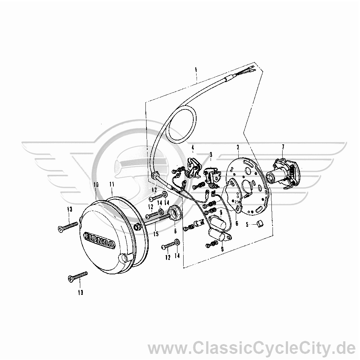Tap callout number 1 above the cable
196,69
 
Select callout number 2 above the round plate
238,147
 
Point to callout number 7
283,147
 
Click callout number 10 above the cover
96,184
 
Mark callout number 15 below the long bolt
156,234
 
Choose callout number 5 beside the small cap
247,224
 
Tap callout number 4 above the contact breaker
193,147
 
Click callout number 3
211,154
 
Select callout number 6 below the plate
237,223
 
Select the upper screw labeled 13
68,225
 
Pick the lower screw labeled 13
78,276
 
